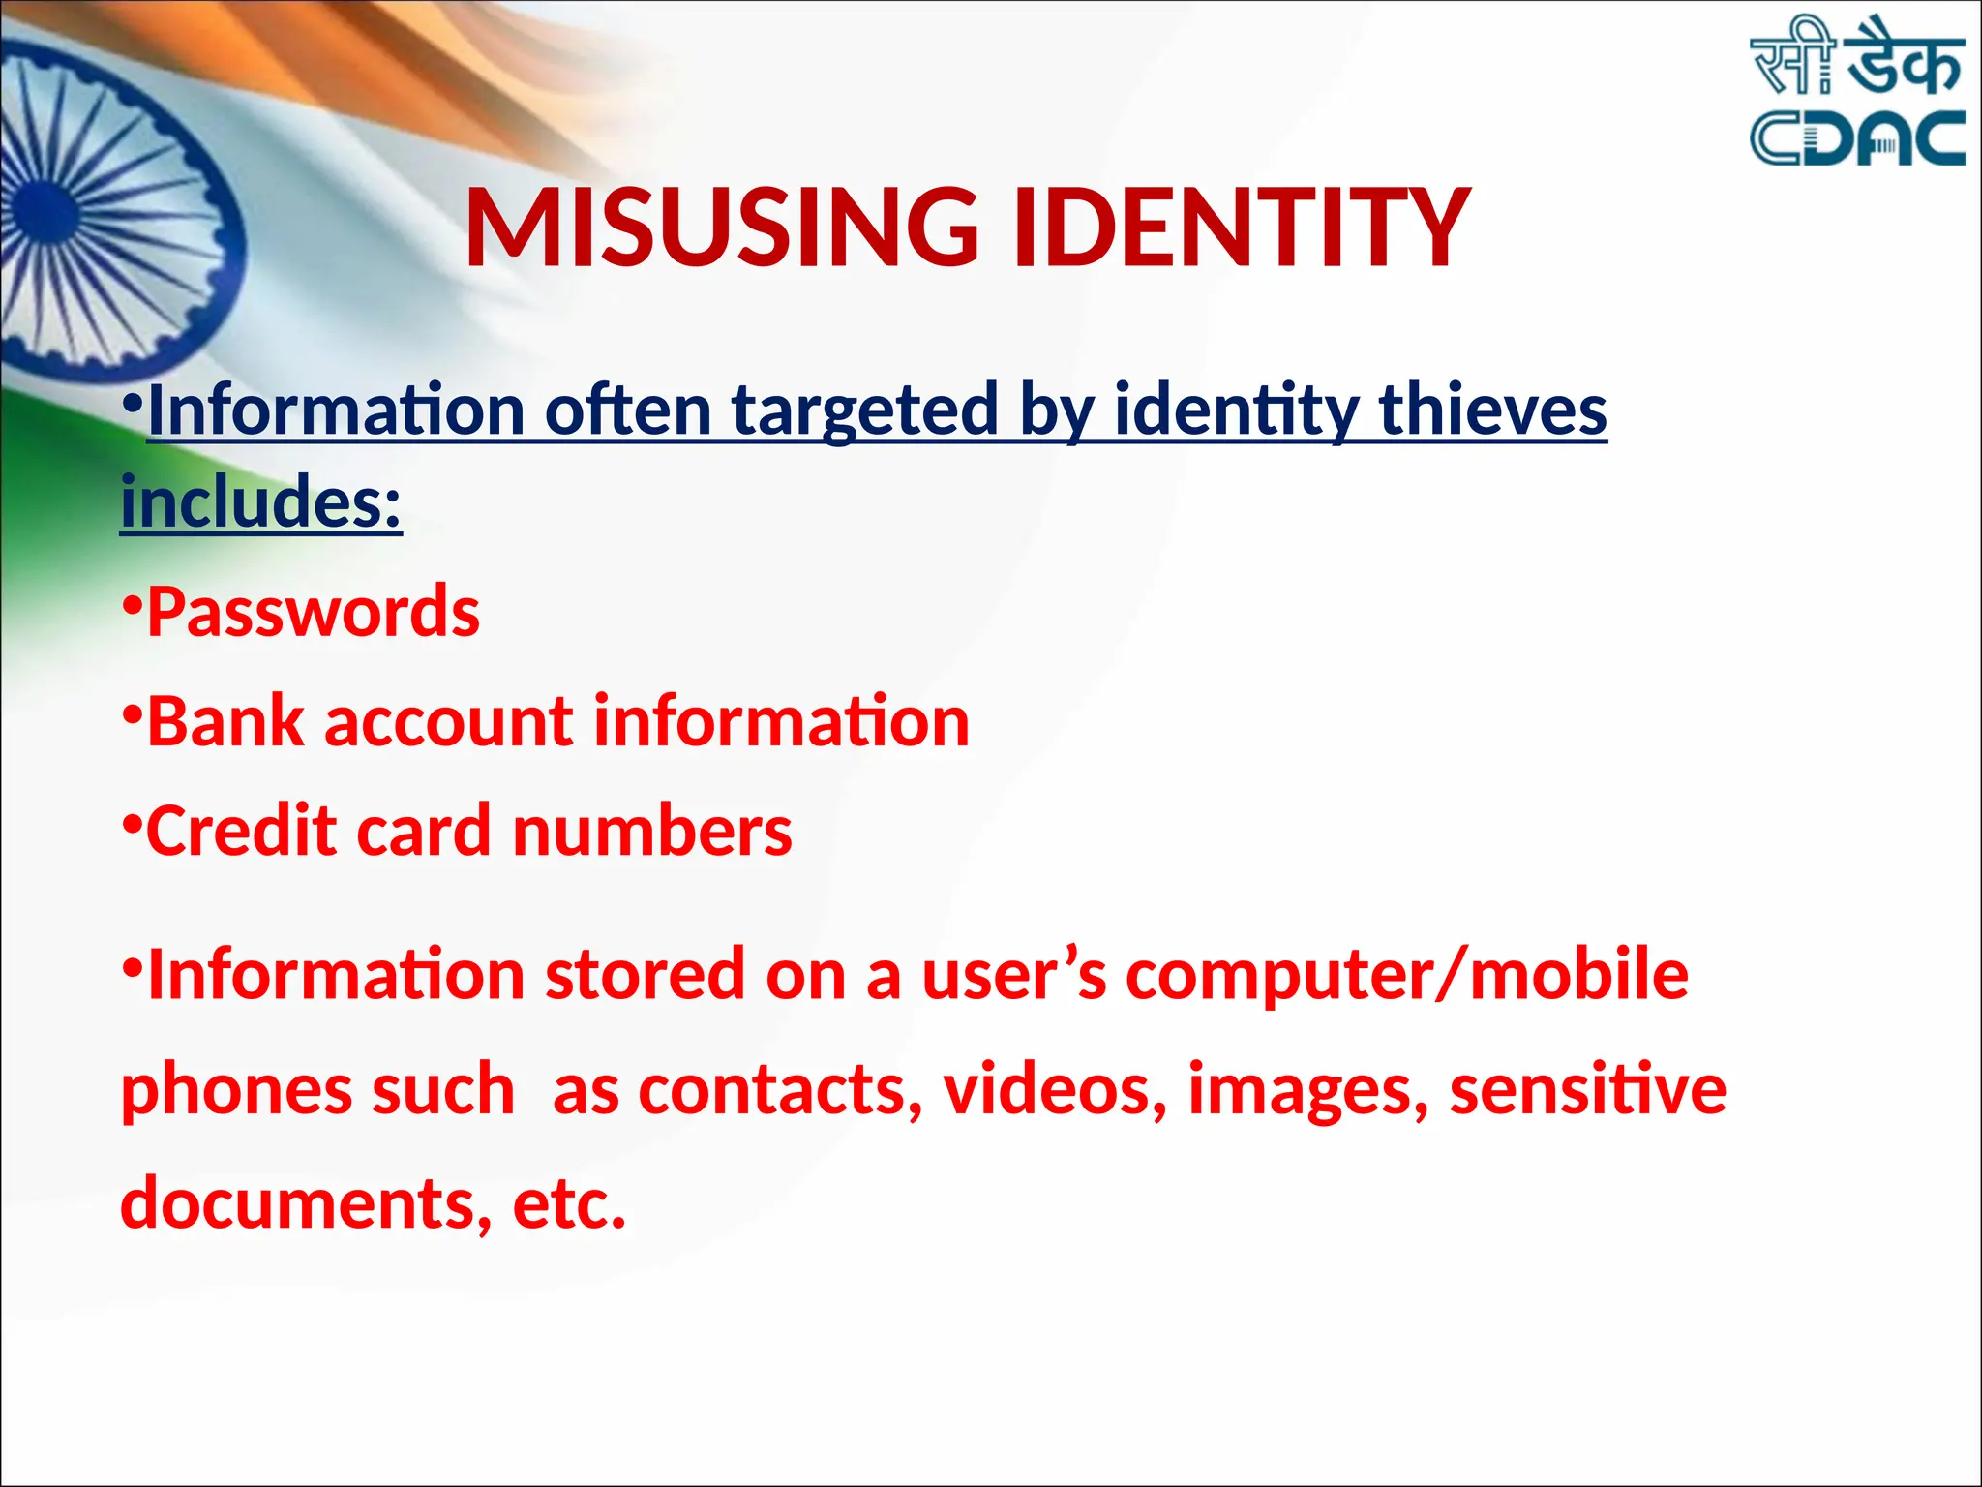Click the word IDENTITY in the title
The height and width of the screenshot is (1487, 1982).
point(1242,228)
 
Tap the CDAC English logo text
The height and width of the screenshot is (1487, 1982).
point(1857,137)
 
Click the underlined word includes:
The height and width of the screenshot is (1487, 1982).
point(260,503)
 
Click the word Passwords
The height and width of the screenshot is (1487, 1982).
point(313,613)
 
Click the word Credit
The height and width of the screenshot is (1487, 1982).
point(241,832)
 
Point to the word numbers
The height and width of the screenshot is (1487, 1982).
point(651,832)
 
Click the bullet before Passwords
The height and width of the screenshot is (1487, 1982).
point(133,605)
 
